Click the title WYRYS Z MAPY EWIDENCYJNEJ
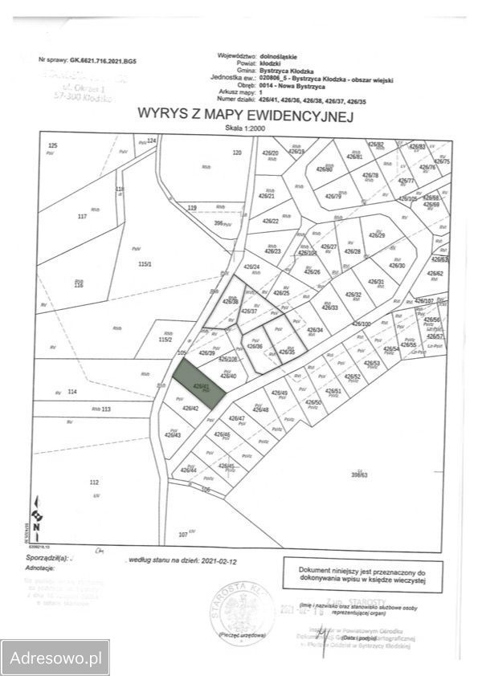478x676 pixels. pos(246,116)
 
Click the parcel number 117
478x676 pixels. pos(80,217)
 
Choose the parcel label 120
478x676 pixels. pos(236,153)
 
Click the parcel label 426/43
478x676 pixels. pos(173,435)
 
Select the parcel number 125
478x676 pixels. pos(53,145)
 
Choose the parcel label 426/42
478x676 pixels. pos(190,409)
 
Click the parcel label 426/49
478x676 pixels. pos(280,393)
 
